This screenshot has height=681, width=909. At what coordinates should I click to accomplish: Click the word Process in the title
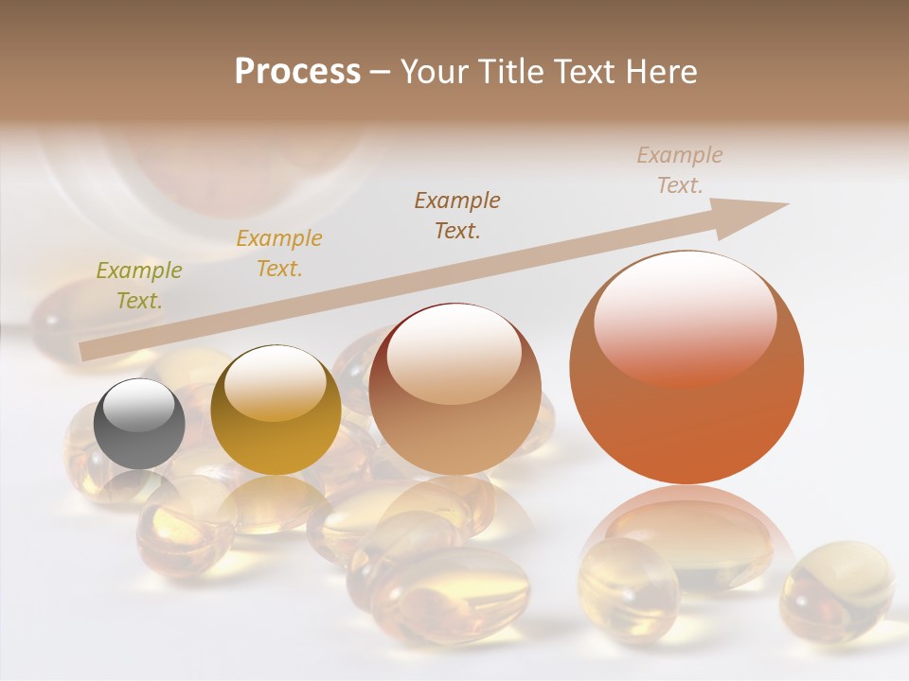click(297, 72)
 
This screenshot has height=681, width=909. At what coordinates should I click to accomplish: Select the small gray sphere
click(139, 423)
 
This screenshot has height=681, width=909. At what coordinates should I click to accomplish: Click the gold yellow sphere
click(276, 411)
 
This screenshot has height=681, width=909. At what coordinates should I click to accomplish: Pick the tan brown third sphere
click(454, 390)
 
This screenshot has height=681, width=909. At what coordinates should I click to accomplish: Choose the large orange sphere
click(686, 369)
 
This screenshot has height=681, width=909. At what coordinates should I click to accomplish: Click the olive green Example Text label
click(139, 286)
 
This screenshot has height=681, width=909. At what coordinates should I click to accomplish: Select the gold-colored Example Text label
click(279, 253)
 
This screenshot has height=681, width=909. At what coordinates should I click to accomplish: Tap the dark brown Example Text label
click(457, 215)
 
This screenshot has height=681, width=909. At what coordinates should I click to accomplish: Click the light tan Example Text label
click(680, 170)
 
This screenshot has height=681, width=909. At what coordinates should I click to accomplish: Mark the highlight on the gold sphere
click(276, 382)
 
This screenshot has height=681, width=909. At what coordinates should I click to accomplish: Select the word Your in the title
click(436, 72)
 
